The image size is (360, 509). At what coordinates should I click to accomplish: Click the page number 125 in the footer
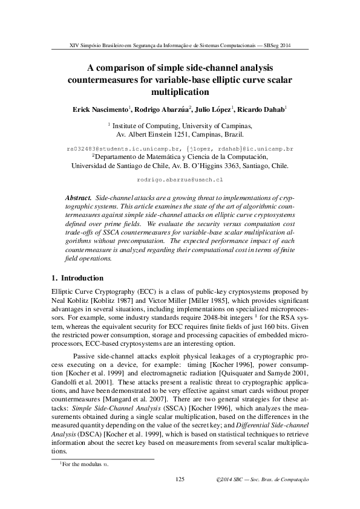coord(179,479)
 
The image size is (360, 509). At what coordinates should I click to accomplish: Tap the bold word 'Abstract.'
coord(78,198)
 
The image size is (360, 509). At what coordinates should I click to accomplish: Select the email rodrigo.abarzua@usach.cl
coord(180,180)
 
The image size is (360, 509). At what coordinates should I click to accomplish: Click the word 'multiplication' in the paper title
coord(180,92)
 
